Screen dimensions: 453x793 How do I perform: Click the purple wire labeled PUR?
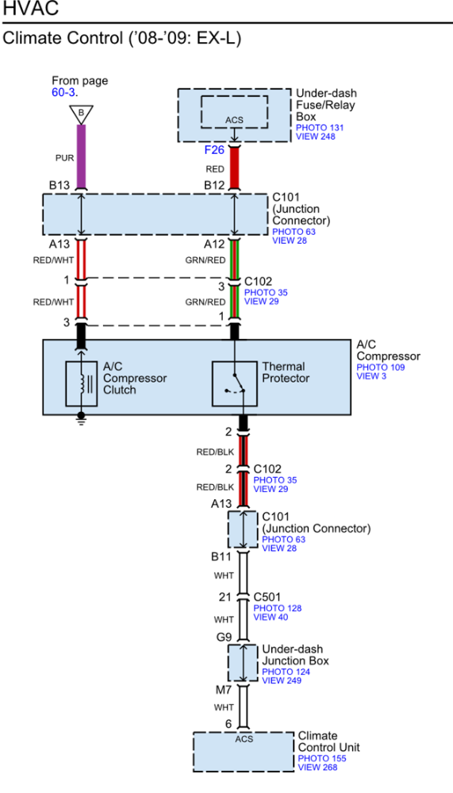[x=81, y=156]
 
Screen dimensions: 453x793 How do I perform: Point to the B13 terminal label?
[x=60, y=186]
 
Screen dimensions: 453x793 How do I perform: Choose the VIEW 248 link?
[x=316, y=136]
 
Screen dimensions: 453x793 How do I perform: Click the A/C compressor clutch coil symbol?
[x=82, y=383]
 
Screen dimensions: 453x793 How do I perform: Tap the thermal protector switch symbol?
[x=234, y=383]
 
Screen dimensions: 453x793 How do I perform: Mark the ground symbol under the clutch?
[x=81, y=419]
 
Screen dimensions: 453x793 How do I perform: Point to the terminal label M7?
[x=225, y=691]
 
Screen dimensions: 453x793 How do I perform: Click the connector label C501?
[x=267, y=598]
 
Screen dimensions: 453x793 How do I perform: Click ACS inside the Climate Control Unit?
[x=244, y=739]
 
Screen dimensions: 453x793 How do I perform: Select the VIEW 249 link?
[x=282, y=680]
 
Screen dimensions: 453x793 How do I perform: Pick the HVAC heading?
[x=30, y=8]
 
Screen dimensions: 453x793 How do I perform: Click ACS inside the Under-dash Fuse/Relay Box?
[x=234, y=120]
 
